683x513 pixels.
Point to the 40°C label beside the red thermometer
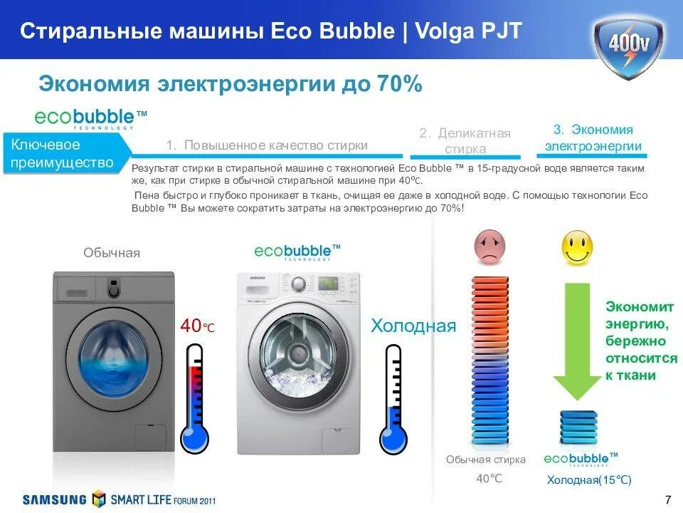point(197,326)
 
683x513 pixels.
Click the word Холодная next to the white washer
point(413,326)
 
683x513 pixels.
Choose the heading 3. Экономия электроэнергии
point(593,138)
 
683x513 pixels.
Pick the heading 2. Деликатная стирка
point(465,141)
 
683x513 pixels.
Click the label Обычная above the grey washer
point(112,253)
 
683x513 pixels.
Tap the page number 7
point(667,497)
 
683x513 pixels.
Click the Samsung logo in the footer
point(55,499)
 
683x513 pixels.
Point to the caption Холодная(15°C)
point(589,480)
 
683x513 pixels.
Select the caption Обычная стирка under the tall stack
point(486,460)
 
